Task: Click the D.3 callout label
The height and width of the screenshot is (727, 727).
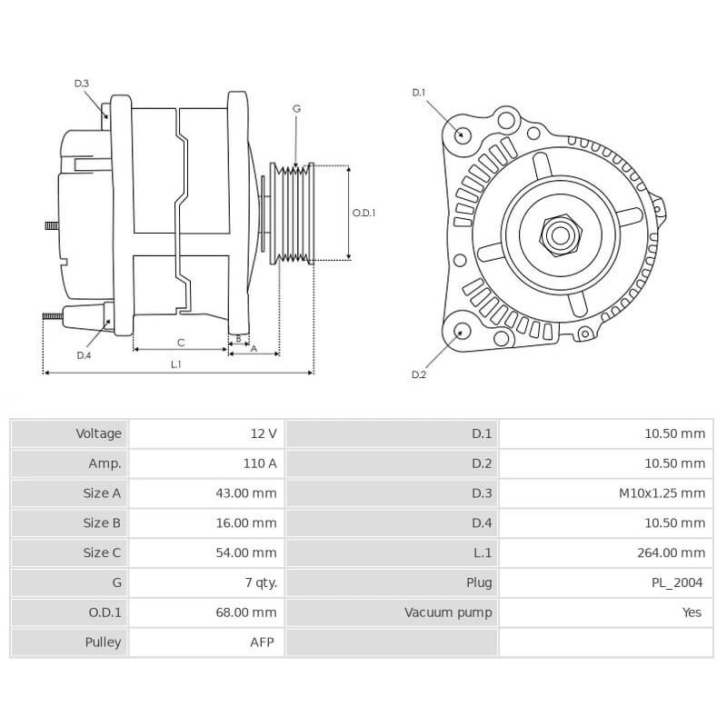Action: (x=82, y=84)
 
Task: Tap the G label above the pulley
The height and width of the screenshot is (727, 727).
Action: (x=296, y=108)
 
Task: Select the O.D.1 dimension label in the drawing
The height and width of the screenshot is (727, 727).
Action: (x=363, y=213)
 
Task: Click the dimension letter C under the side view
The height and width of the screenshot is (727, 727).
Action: (x=181, y=343)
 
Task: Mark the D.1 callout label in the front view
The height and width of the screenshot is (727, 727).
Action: (x=419, y=92)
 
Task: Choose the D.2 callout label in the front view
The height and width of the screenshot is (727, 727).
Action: (x=419, y=374)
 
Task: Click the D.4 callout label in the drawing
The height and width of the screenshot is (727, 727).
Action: (x=84, y=354)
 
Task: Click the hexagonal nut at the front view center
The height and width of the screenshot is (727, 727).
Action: (x=560, y=235)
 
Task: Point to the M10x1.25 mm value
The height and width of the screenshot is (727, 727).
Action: (x=661, y=493)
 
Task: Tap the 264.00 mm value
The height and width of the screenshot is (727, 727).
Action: (x=672, y=553)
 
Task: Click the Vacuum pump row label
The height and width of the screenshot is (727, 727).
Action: (x=448, y=612)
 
